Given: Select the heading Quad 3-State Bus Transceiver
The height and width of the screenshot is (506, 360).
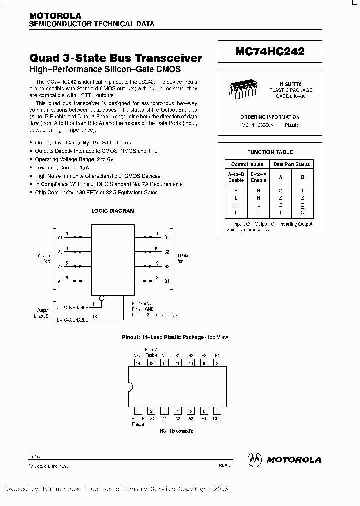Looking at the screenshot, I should click(x=116, y=58).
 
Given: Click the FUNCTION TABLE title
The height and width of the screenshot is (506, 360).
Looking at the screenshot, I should click(x=270, y=152).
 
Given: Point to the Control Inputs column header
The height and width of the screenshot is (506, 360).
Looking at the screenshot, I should click(x=247, y=164).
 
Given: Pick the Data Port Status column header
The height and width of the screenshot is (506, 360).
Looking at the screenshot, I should click(x=291, y=164).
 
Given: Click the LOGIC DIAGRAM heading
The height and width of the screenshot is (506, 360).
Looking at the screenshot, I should click(x=112, y=211).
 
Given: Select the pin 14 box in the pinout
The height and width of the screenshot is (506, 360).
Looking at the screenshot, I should click(x=138, y=363).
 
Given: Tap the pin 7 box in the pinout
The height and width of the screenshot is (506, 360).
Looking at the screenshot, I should click(x=217, y=411).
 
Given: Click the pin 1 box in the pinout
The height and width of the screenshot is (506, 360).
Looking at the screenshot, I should click(x=138, y=411).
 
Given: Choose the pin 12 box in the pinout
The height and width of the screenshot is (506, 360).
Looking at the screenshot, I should click(x=164, y=363).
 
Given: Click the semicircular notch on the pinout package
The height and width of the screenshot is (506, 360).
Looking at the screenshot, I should click(x=131, y=387).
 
